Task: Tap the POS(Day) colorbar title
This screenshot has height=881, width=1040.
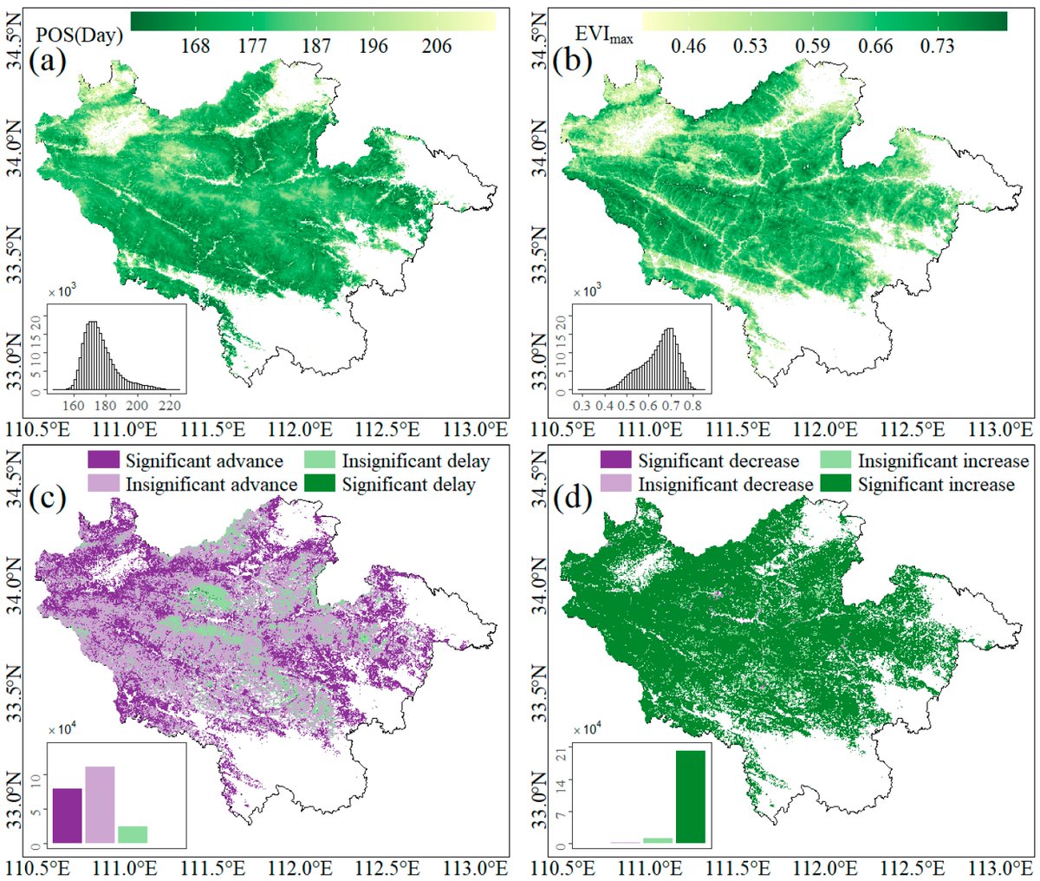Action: (x=77, y=36)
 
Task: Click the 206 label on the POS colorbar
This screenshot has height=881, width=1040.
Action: (x=437, y=45)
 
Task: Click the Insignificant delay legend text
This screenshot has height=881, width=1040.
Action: (x=416, y=461)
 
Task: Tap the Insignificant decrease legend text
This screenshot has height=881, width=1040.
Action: (x=726, y=484)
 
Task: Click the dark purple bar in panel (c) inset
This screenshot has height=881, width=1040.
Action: (x=68, y=815)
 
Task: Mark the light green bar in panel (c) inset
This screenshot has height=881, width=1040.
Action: (x=133, y=834)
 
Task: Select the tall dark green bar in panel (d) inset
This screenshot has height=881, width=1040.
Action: (x=691, y=796)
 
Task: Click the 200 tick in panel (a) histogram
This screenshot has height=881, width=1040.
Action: (x=138, y=405)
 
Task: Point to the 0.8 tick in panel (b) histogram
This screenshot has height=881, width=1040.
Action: (x=692, y=405)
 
